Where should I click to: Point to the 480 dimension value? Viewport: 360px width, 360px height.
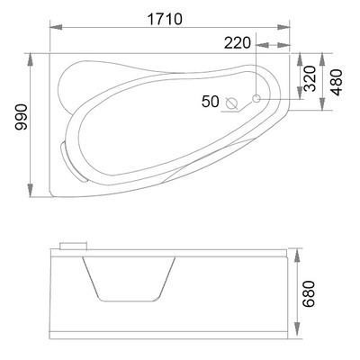[x=336, y=85]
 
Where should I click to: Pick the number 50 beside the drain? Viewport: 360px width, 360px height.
[x=210, y=103]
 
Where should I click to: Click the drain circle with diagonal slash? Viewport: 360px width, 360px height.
[x=231, y=103]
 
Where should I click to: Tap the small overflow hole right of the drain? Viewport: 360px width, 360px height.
[x=256, y=98]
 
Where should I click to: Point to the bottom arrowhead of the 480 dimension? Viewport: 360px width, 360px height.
[x=324, y=113]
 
